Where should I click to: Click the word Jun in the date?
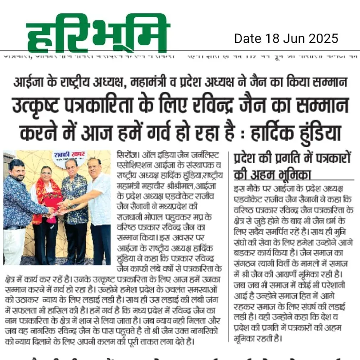coord(292,39)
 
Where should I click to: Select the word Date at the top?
coord(248,39)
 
